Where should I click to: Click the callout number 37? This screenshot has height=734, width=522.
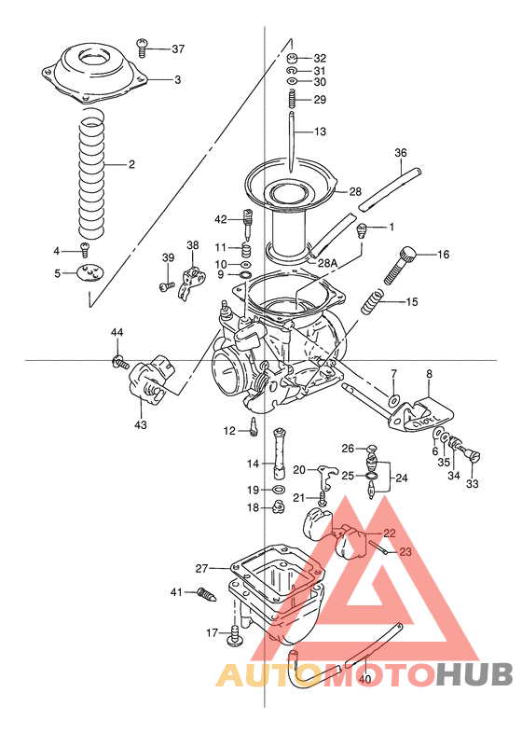point(178,48)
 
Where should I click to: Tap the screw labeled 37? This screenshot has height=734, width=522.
point(144,44)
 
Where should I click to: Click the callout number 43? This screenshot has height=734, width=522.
point(141,425)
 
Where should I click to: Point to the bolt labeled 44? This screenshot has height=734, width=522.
point(118,359)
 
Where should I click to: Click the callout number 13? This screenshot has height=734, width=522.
point(321,132)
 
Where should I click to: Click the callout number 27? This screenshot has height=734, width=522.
point(201,567)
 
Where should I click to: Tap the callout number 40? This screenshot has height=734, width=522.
point(364,678)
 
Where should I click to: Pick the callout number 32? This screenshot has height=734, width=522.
point(320,57)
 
